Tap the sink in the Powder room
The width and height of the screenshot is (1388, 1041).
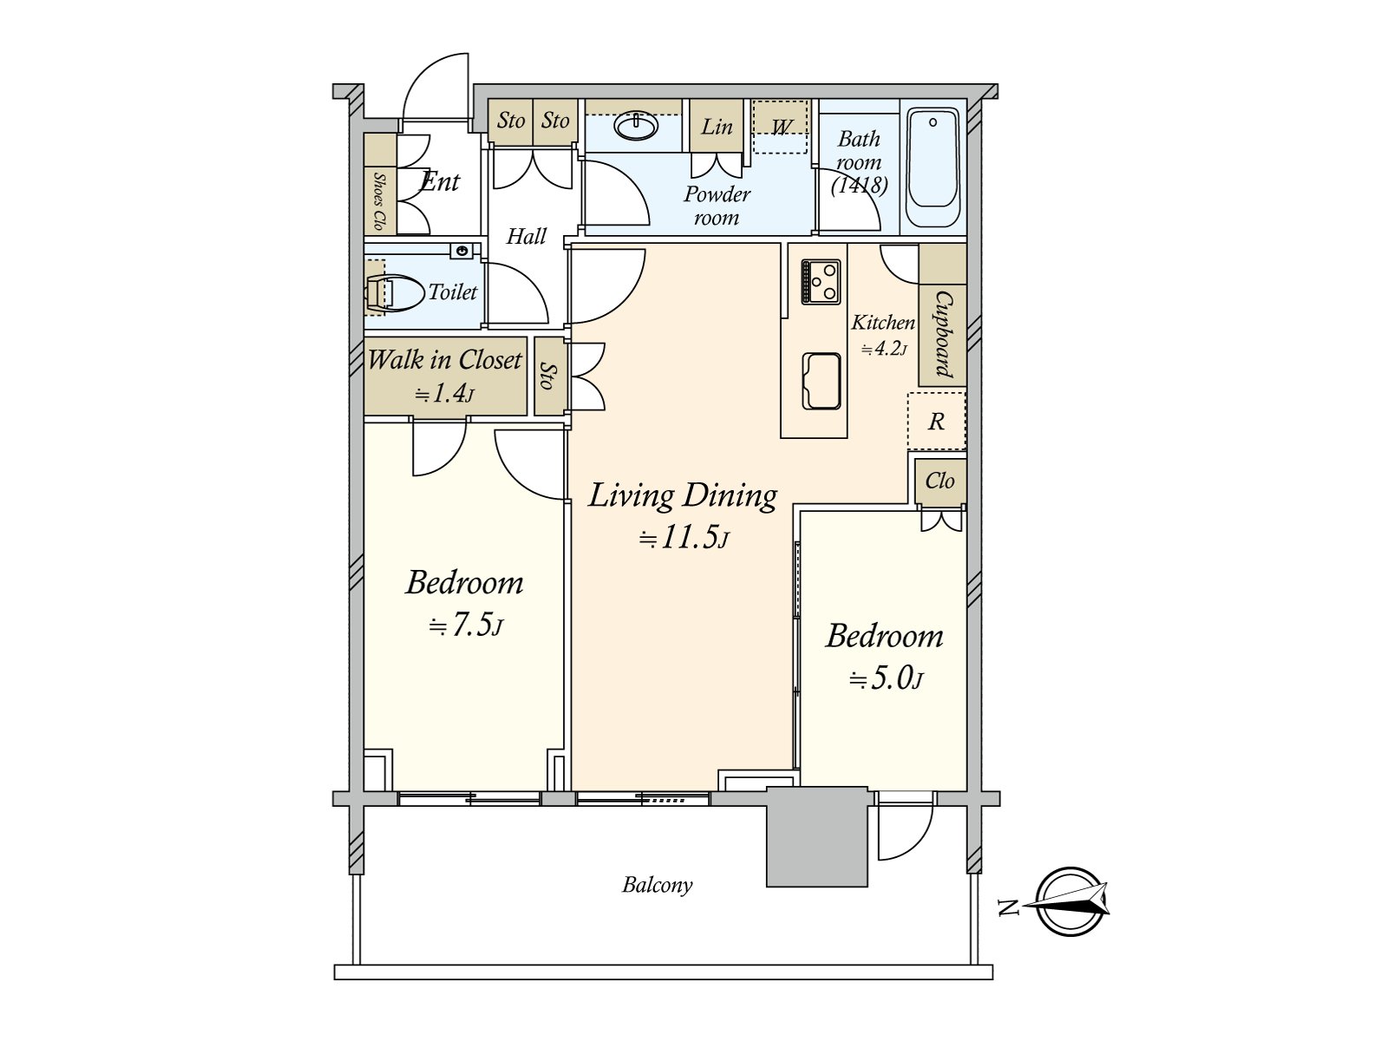tap(636, 127)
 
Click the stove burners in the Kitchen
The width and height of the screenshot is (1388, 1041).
tap(821, 281)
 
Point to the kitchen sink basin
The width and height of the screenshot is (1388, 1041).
tap(821, 380)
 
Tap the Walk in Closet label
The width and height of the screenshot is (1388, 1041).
tap(444, 360)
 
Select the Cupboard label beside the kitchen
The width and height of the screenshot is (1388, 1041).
tap(943, 334)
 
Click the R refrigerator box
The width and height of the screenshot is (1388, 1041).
tap(936, 422)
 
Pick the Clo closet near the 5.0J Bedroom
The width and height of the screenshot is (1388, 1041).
tap(940, 481)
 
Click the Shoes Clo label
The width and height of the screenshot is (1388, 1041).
tap(379, 201)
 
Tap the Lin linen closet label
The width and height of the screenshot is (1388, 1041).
tap(717, 128)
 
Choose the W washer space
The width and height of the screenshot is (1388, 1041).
tap(780, 128)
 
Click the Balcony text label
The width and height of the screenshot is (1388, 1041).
tap(657, 885)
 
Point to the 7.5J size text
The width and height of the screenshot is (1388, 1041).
tap(466, 625)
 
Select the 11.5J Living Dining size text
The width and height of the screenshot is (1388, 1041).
tap(684, 538)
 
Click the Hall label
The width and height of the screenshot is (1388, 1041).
tap(527, 236)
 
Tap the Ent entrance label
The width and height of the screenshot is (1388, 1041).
tap(440, 182)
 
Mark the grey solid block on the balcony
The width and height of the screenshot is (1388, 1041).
tap(816, 837)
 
